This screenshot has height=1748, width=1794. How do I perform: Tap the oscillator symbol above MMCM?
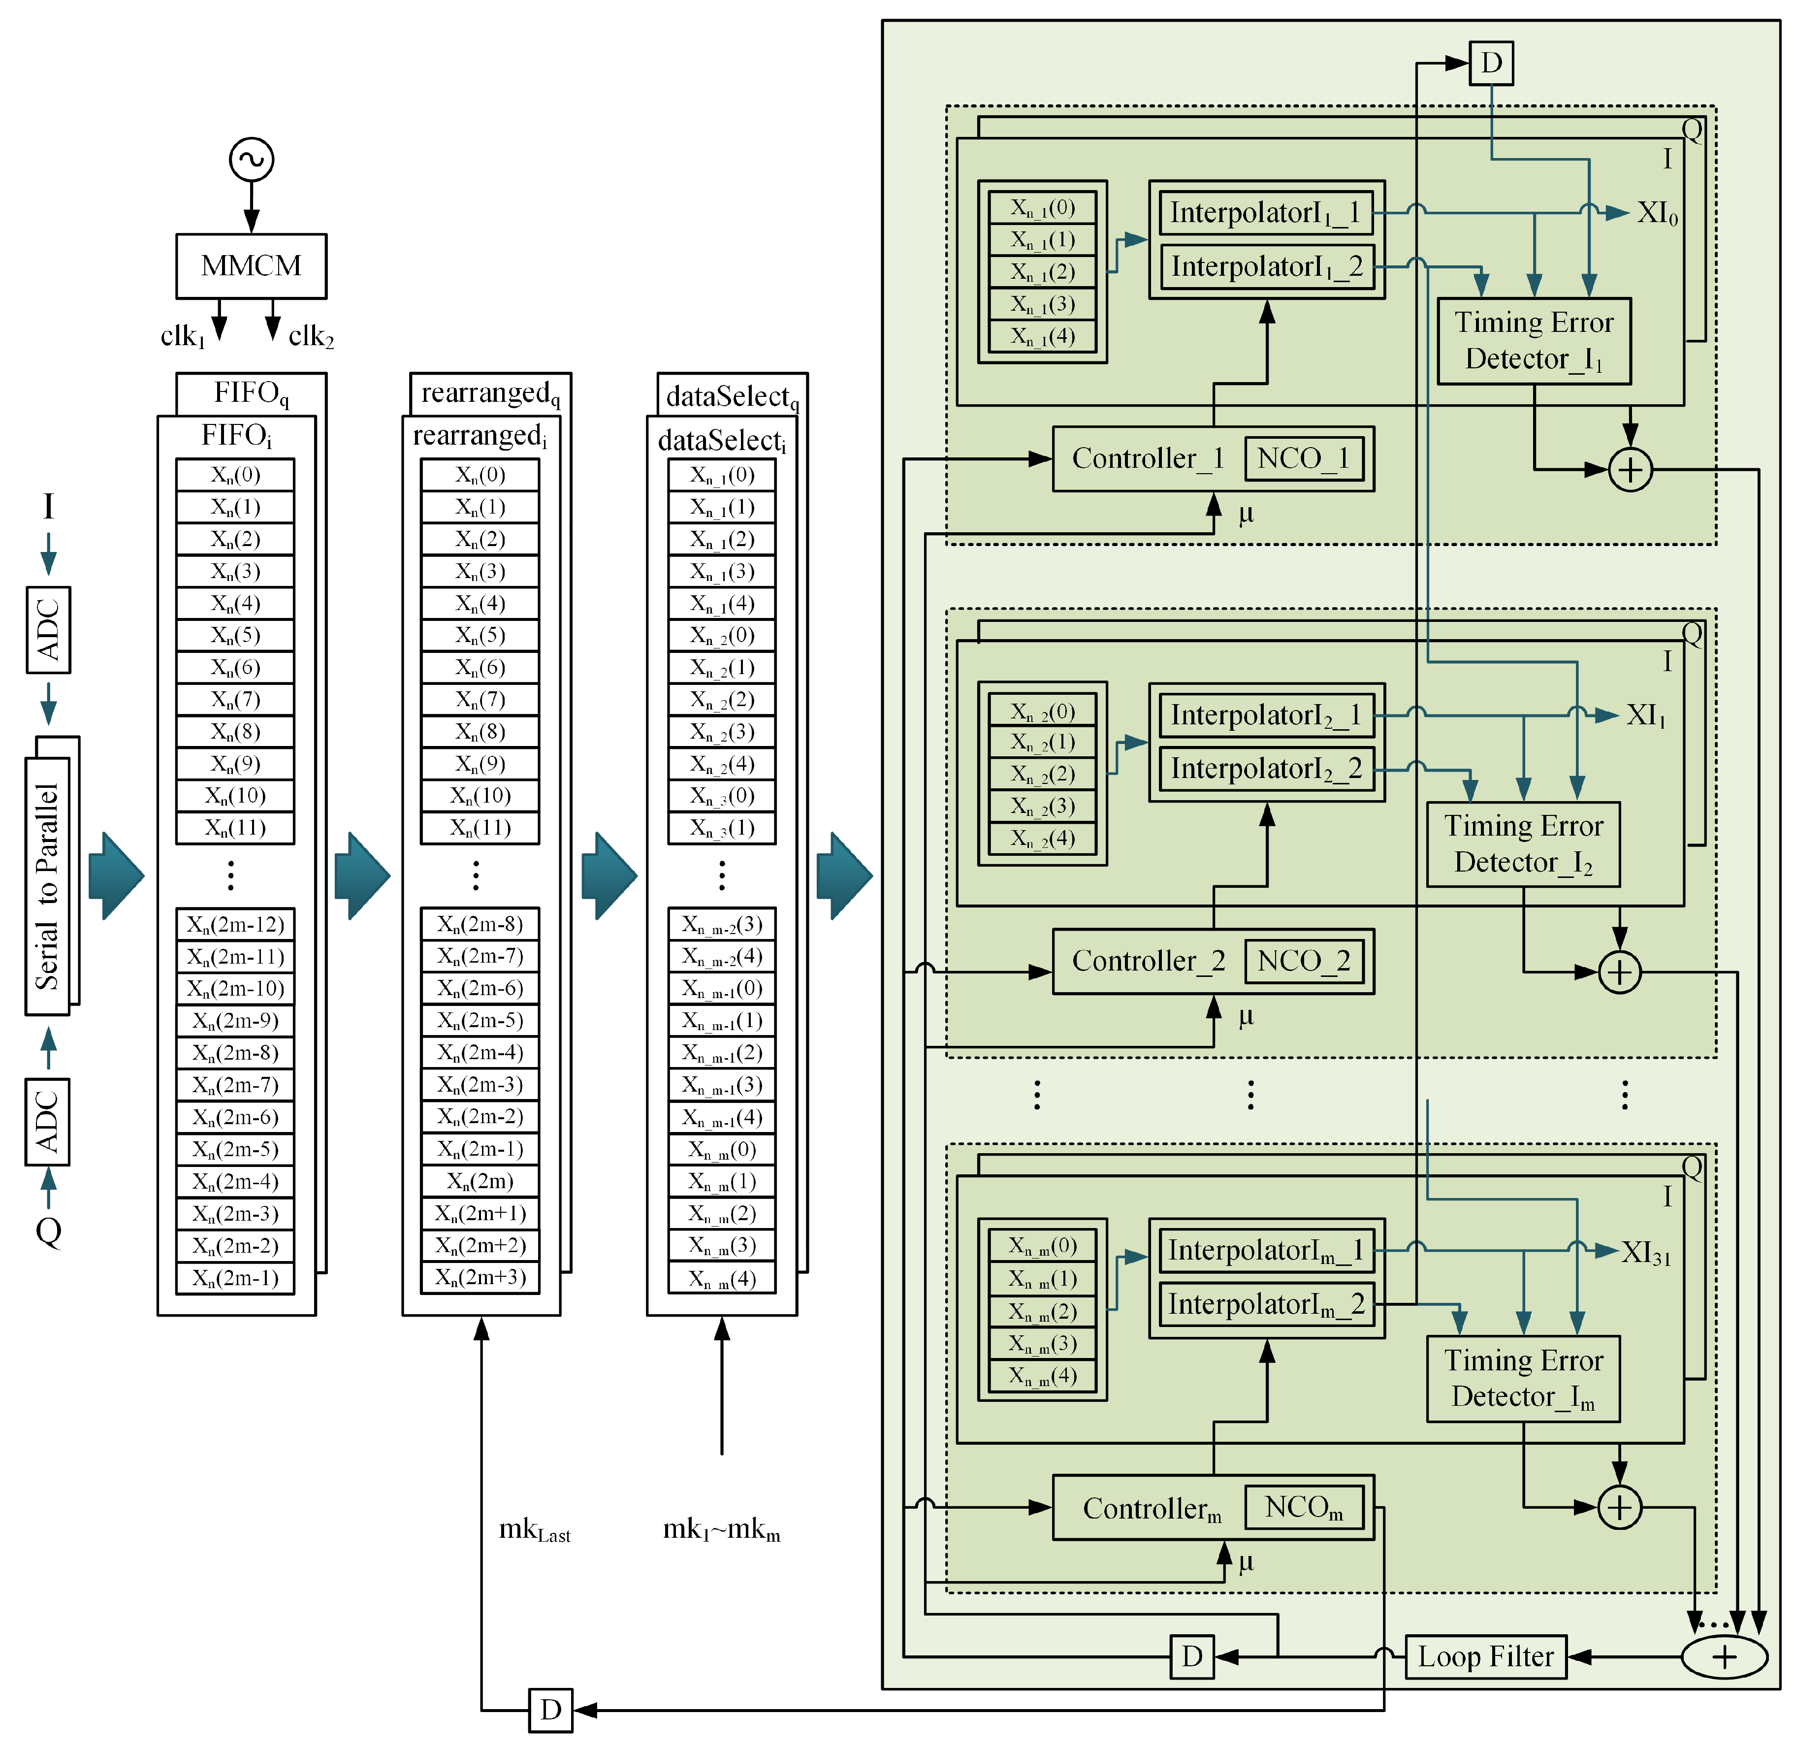(251, 160)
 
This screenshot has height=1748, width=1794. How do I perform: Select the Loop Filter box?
(1485, 1656)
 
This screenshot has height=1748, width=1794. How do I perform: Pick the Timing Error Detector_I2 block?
(1522, 843)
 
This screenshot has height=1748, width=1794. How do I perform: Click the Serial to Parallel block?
(48, 886)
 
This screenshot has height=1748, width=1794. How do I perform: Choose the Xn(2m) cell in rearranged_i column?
(479, 1181)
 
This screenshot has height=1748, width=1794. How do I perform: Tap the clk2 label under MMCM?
(310, 336)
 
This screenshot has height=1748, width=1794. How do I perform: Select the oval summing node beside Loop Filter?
(1723, 1656)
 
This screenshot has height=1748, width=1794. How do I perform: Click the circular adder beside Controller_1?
(1630, 470)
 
